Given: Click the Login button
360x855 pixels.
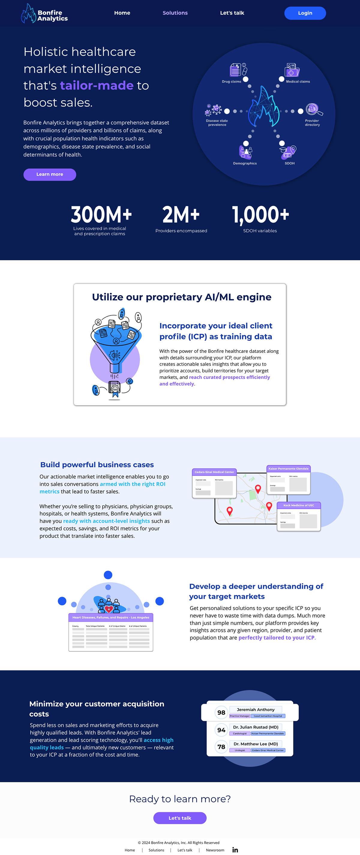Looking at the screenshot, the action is [305, 13].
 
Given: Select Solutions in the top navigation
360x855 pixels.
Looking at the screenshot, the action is [175, 13].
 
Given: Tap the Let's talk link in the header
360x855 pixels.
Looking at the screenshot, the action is [232, 13].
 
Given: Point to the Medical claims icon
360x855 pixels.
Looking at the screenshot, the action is [292, 70].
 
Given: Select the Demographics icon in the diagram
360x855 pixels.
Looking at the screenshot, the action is [246, 152].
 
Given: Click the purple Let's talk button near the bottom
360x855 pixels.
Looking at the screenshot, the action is [180, 818].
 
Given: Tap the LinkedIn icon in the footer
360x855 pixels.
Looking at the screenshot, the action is [235, 850].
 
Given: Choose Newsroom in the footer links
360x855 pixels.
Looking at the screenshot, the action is [215, 850].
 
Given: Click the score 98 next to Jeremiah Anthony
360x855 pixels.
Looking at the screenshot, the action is [221, 712].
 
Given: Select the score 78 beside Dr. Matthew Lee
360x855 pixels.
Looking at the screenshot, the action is [221, 747].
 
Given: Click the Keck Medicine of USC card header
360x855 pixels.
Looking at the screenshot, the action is [298, 505].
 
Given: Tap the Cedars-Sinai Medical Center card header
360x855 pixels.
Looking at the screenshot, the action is [214, 472].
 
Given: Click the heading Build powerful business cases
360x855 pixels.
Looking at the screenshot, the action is [97, 465].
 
